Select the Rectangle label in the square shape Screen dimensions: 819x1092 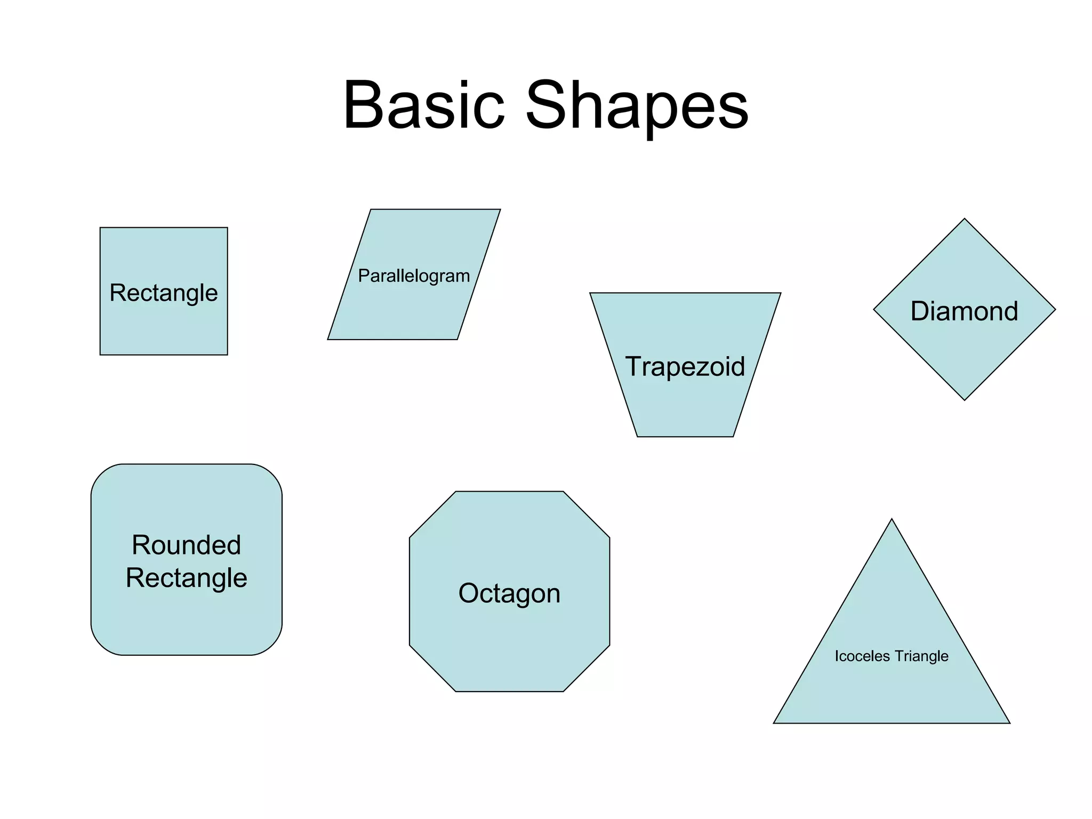pyautogui.click(x=164, y=293)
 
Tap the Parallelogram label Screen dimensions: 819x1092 pyautogui.click(x=414, y=276)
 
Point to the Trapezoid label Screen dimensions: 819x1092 pyautogui.click(x=685, y=366)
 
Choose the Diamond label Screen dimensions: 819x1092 pyautogui.click(x=964, y=311)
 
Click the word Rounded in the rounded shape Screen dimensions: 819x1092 pyautogui.click(x=187, y=545)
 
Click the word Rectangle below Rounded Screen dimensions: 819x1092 pyautogui.click(x=187, y=578)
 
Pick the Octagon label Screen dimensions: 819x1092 pyautogui.click(x=509, y=593)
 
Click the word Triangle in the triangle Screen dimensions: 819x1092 pyautogui.click(x=921, y=656)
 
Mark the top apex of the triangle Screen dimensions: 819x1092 pyautogui.click(x=892, y=519)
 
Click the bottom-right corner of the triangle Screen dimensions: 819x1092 pyautogui.click(x=1009, y=723)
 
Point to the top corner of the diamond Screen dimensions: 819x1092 pyautogui.click(x=965, y=219)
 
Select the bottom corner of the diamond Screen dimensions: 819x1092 pyautogui.click(x=965, y=400)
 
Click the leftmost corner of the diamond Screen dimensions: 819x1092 pyautogui.click(x=874, y=309)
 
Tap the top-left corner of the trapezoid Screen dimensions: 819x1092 pyautogui.click(x=590, y=293)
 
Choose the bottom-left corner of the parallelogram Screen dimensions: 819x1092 pyautogui.click(x=328, y=339)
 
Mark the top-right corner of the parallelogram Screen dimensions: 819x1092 pyautogui.click(x=500, y=210)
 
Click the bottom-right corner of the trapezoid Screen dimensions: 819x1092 pyautogui.click(x=733, y=436)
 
